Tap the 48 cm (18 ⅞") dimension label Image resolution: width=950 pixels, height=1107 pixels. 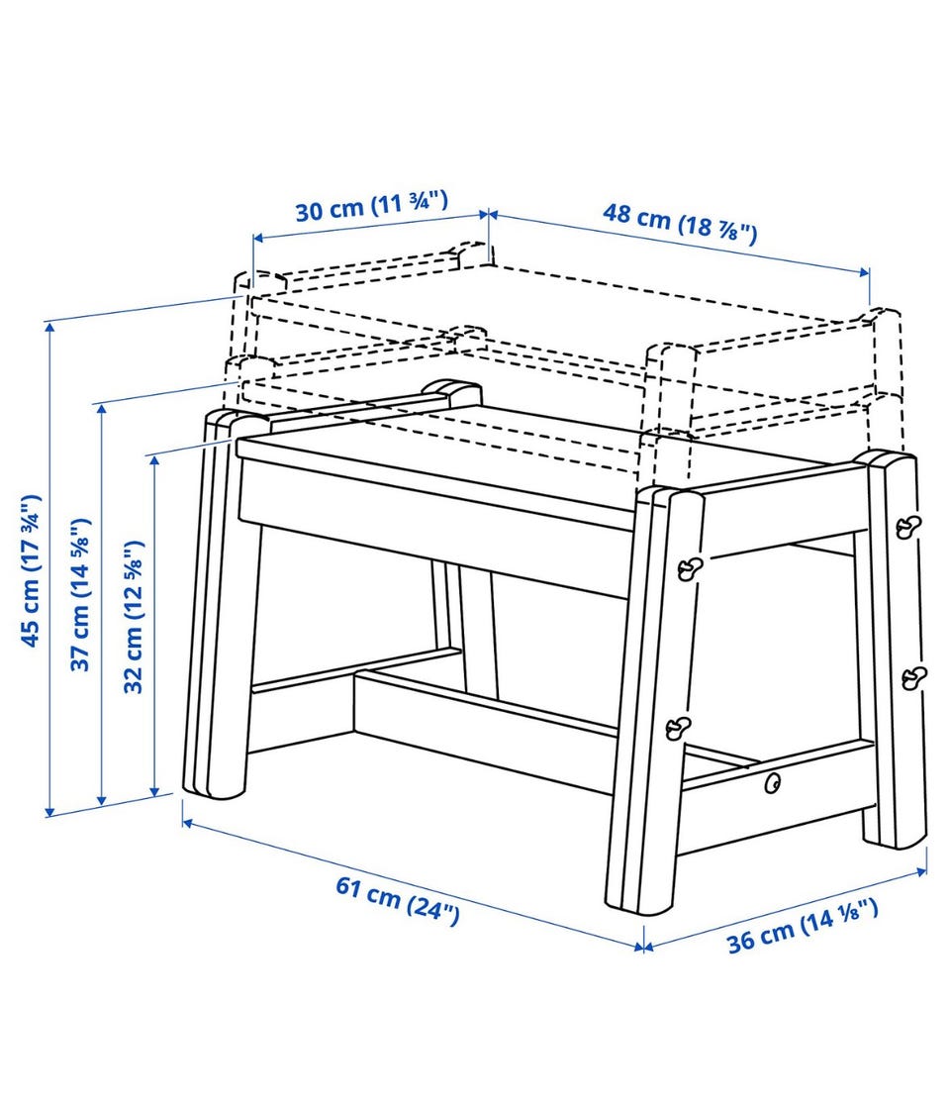[680, 223]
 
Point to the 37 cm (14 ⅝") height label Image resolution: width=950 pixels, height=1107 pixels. [80, 594]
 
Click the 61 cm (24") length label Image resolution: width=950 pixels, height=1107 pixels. [398, 899]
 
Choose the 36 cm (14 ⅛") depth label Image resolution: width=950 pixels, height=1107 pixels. [803, 925]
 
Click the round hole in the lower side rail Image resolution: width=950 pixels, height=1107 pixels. [774, 782]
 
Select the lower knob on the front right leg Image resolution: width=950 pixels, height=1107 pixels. [679, 727]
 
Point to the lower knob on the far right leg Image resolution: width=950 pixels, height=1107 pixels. [914, 677]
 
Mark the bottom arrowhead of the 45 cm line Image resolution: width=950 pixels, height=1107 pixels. [50, 812]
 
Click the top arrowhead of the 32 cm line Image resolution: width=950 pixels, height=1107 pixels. [154, 459]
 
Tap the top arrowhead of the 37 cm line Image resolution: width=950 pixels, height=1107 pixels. [102, 410]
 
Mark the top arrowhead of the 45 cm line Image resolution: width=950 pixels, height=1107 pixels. [50, 327]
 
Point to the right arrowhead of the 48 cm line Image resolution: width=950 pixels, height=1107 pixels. [865, 272]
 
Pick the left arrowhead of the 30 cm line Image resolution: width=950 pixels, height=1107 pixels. [257, 238]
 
